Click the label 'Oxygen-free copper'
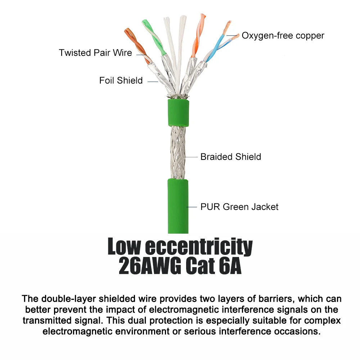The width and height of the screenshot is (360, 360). (283, 36)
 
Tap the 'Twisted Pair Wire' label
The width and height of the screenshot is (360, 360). (95, 53)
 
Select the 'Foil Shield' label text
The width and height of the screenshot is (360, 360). (121, 80)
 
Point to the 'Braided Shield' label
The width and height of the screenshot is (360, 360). (231, 157)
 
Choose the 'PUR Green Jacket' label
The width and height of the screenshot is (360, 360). (239, 207)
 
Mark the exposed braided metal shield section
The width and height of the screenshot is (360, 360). (178, 153)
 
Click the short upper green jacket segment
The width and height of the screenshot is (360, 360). (179, 113)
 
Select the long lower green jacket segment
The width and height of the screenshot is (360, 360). (178, 206)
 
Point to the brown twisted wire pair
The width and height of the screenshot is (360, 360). (138, 46)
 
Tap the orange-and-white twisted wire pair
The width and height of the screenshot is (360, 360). (198, 36)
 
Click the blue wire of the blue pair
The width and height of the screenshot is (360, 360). (215, 48)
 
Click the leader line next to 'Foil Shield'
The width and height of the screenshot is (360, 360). (153, 81)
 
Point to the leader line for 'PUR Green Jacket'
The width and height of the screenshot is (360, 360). (192, 207)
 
